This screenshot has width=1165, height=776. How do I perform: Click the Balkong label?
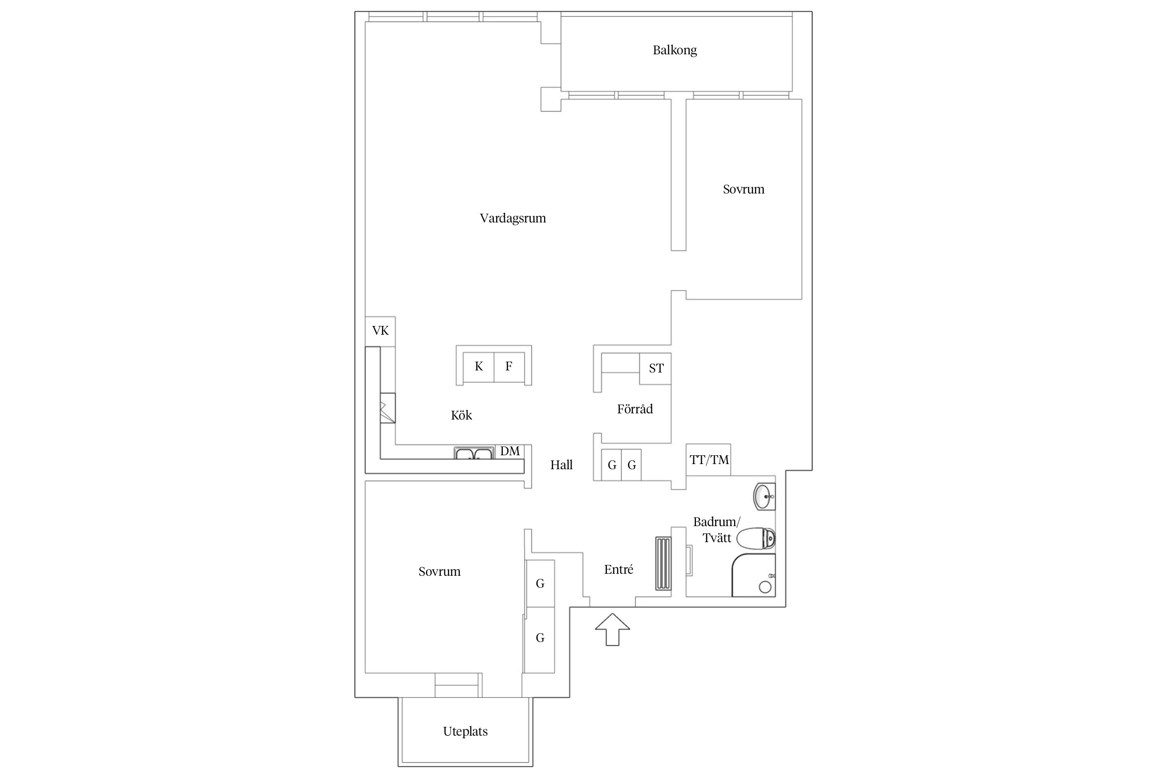pos(675,51)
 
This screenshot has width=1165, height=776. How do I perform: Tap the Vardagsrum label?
pos(513,218)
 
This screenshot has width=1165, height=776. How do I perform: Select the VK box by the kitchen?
pos(380,331)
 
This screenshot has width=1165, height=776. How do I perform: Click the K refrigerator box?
pos(478,367)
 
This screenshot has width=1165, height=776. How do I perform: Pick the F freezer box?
pos(509,367)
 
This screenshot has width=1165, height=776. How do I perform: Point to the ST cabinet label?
pos(656,368)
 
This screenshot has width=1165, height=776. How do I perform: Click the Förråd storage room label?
pos(635,409)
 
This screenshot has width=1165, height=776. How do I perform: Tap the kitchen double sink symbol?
pos(474,454)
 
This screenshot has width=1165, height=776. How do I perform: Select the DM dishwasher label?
pos(510,451)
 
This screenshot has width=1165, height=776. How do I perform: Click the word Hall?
pos(561,465)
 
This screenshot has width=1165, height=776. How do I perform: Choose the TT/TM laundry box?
pos(709,459)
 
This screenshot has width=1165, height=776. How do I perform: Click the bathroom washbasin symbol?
pos(764,497)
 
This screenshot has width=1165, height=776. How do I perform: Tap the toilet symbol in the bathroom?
pos(756,539)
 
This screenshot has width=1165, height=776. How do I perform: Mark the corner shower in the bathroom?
pos(754,575)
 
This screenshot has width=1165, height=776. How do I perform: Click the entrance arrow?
pos(613,630)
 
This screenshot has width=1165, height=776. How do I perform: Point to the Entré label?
pos(619,570)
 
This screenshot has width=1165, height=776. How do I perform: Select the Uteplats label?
pos(465,732)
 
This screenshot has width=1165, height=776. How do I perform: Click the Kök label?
pos(461,415)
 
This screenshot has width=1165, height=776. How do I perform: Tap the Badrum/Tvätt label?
pos(717,529)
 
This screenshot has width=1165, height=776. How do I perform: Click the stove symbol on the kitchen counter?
pos(387,408)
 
